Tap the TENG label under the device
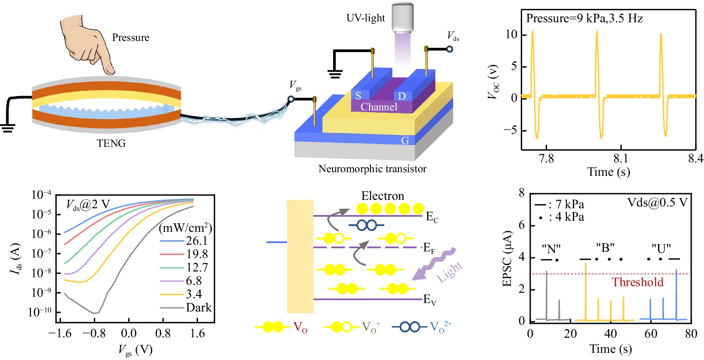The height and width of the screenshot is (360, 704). click(111, 143)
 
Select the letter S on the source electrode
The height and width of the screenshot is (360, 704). click(358, 96)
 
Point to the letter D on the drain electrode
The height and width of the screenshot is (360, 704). click(402, 96)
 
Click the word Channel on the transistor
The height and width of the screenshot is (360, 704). click(379, 107)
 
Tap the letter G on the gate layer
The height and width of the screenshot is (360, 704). click(405, 141)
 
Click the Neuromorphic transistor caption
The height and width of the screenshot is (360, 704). click(372, 169)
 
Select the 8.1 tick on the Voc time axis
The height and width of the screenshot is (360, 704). click(620, 159)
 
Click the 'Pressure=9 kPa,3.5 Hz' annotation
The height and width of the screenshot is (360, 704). click(584, 19)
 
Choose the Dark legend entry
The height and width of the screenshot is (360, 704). click(198, 307)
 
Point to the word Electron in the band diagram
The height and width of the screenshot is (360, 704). click(382, 196)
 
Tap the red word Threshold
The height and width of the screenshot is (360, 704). click(637, 282)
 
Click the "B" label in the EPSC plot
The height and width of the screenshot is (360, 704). click(605, 248)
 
